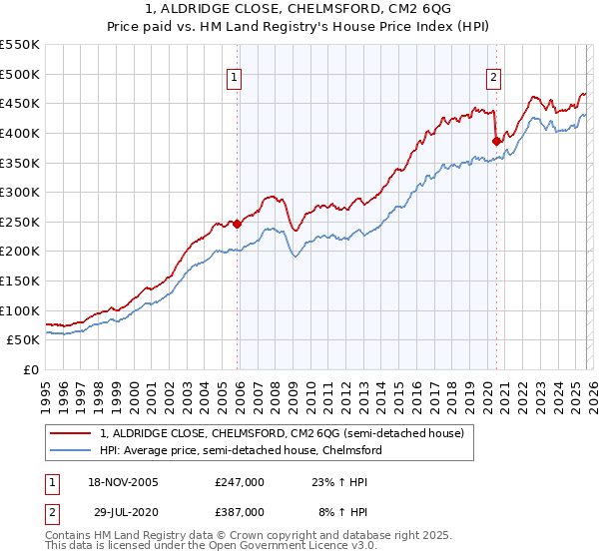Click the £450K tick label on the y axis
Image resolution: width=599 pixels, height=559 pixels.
tap(20, 103)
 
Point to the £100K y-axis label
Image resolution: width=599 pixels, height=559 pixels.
tap(20, 310)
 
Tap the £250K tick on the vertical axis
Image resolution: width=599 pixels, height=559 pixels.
tap(20, 222)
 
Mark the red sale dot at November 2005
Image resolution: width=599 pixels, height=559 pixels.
tap(238, 224)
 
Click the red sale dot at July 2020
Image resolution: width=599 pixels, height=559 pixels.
tap(496, 141)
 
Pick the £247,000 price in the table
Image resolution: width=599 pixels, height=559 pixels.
tap(240, 481)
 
